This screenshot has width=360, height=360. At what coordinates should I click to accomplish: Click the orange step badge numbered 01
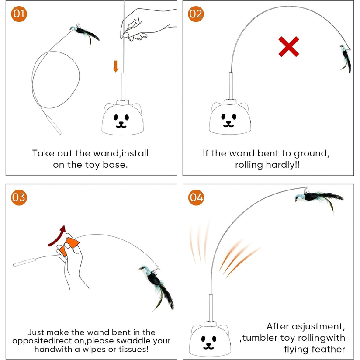19,14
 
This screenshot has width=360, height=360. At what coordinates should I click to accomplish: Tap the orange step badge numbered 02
196,14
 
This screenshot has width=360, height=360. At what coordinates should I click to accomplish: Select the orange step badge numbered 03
19,197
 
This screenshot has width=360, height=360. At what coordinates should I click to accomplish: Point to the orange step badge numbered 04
196,197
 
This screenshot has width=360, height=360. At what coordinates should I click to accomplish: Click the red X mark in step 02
289,47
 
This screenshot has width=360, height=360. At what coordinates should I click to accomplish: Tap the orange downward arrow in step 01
116,66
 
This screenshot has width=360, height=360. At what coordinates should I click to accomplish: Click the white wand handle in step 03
24,263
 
